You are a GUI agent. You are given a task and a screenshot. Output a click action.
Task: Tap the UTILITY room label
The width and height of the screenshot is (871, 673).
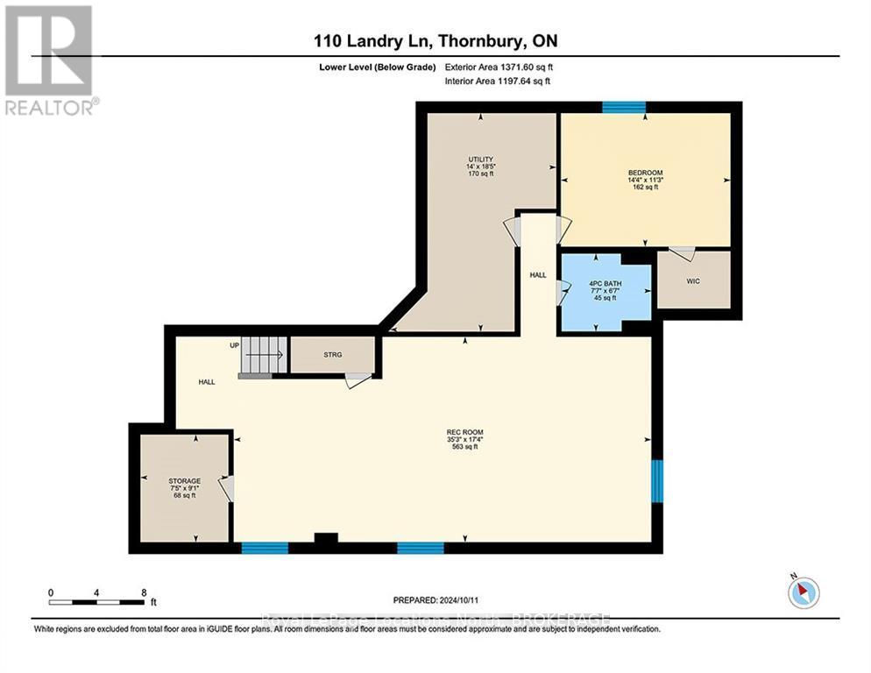coord(480,159)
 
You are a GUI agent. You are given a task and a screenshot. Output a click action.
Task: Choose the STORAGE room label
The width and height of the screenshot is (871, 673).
coord(185,481)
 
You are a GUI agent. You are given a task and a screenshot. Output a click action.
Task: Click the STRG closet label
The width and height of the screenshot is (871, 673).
coord(332,354)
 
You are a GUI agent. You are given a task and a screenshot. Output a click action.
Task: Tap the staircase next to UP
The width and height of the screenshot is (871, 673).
coord(264,355)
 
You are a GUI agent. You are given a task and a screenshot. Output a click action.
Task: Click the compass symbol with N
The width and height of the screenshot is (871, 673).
coord(803,592)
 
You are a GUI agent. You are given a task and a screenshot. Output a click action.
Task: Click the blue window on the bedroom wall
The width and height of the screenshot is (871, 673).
coord(624,107)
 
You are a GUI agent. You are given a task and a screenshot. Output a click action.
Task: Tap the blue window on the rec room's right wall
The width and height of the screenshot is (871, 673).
coord(657,481)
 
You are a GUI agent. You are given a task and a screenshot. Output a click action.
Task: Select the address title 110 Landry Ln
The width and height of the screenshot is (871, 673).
coord(435,41)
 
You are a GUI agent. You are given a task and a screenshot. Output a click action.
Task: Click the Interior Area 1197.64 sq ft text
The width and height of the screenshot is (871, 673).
coord(499,81)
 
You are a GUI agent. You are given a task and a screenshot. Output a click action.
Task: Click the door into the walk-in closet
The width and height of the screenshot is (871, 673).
coord(682,253)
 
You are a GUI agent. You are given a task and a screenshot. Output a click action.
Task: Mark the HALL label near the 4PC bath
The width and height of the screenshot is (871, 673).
coord(537,275)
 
